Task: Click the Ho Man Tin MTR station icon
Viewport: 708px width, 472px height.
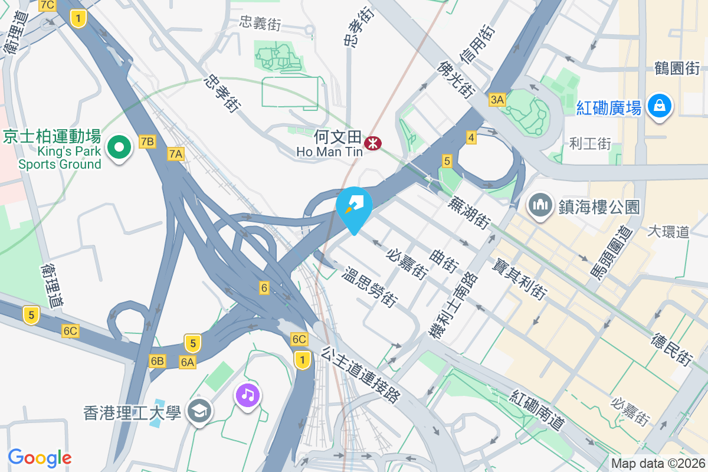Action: pyautogui.click(x=372, y=143)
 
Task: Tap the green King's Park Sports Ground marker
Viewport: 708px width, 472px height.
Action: pyautogui.click(x=119, y=147)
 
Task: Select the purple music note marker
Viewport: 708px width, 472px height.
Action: pyautogui.click(x=248, y=394)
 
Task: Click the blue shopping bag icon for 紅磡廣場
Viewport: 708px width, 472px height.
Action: pyautogui.click(x=660, y=106)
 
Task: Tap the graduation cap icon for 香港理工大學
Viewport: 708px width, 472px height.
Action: pyautogui.click(x=199, y=411)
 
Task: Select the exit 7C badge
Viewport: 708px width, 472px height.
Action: pyautogui.click(x=47, y=5)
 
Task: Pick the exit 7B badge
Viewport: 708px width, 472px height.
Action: pyautogui.click(x=147, y=142)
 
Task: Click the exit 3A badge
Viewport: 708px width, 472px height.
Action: pyautogui.click(x=497, y=100)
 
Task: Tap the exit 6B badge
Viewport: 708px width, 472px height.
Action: pyautogui.click(x=157, y=361)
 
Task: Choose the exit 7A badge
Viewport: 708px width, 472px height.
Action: pyautogui.click(x=176, y=155)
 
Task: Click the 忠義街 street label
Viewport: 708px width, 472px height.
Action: pyautogui.click(x=260, y=23)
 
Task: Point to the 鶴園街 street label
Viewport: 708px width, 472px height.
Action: pyautogui.click(x=677, y=68)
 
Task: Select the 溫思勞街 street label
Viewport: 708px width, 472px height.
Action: pyautogui.click(x=370, y=287)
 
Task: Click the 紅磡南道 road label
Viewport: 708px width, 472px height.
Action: pyautogui.click(x=538, y=409)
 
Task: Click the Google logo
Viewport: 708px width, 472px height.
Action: pyautogui.click(x=40, y=457)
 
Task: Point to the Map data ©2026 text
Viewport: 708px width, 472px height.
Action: pyautogui.click(x=658, y=464)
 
